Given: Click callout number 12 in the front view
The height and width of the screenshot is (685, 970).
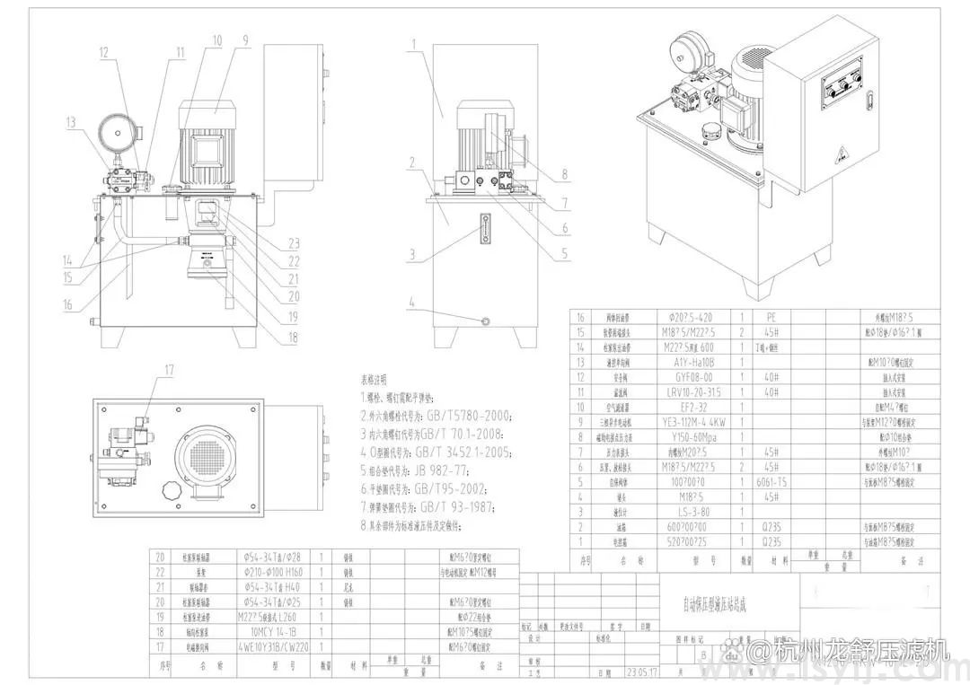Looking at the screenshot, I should click(104, 52).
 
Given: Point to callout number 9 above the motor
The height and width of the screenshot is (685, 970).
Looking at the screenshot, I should click(243, 40).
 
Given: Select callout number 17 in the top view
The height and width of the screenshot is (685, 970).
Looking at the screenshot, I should click(169, 369).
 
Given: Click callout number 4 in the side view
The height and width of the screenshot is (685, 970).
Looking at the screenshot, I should click(412, 303).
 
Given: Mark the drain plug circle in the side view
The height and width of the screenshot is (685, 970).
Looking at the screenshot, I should click(486, 320).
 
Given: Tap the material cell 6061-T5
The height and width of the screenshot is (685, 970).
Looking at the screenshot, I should click(771, 481).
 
